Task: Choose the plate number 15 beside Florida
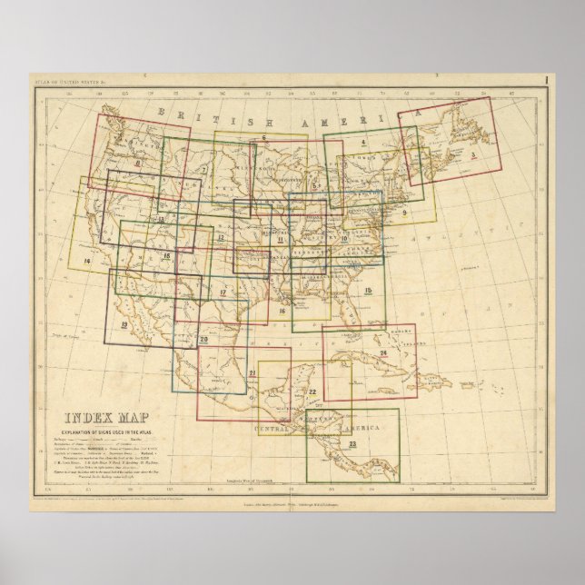[x=368, y=290]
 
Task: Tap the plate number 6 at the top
[x=263, y=138]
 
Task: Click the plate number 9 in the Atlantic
[x=402, y=213]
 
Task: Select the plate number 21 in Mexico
[x=252, y=373]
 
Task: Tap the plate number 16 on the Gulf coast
[x=283, y=312]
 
